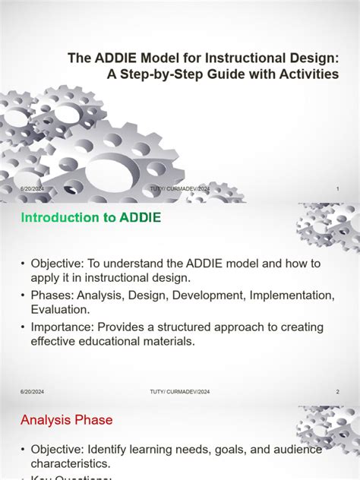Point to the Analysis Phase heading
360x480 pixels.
[x=67, y=419]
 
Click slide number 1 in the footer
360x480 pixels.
[x=336, y=188]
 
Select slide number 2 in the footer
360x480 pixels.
[x=337, y=392]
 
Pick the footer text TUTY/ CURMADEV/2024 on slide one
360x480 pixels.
[x=180, y=188]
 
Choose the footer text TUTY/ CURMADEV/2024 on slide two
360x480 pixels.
[x=180, y=392]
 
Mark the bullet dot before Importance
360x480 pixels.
[x=24, y=327]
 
